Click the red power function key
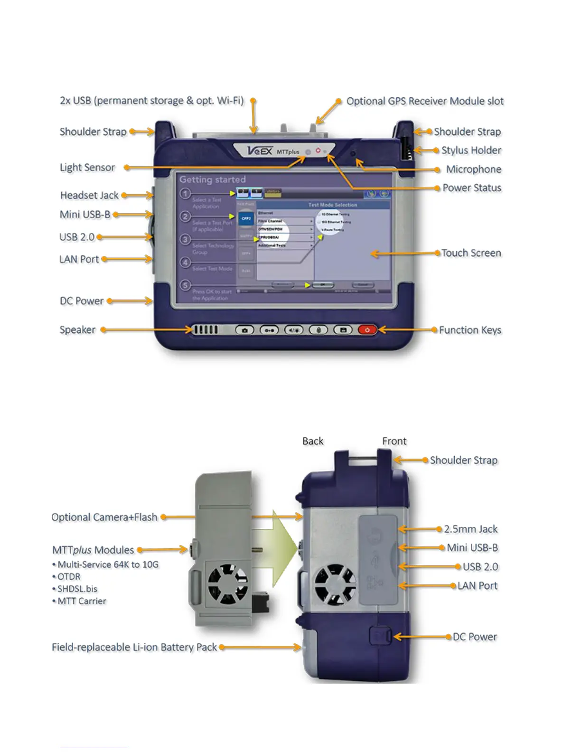pos(367,330)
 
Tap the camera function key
pos(245,330)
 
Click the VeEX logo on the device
pos(260,151)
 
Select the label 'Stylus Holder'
pos(471,150)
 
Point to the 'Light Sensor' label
pos(87,168)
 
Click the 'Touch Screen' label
pos(471,253)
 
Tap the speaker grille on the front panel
pos(205,329)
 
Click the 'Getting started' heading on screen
pos(212,179)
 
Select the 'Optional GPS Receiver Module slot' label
pos(425,101)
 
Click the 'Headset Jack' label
pos(89,195)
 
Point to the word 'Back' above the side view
pos(313,441)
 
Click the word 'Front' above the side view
pos(394,441)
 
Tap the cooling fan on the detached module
pos(228,584)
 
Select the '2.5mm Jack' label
pos(470,529)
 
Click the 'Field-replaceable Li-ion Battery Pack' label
pos(134,647)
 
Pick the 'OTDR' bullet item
pos(69,577)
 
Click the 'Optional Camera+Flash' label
pos(104,517)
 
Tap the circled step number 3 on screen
pos(186,239)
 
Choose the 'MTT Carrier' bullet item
pos(82,601)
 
